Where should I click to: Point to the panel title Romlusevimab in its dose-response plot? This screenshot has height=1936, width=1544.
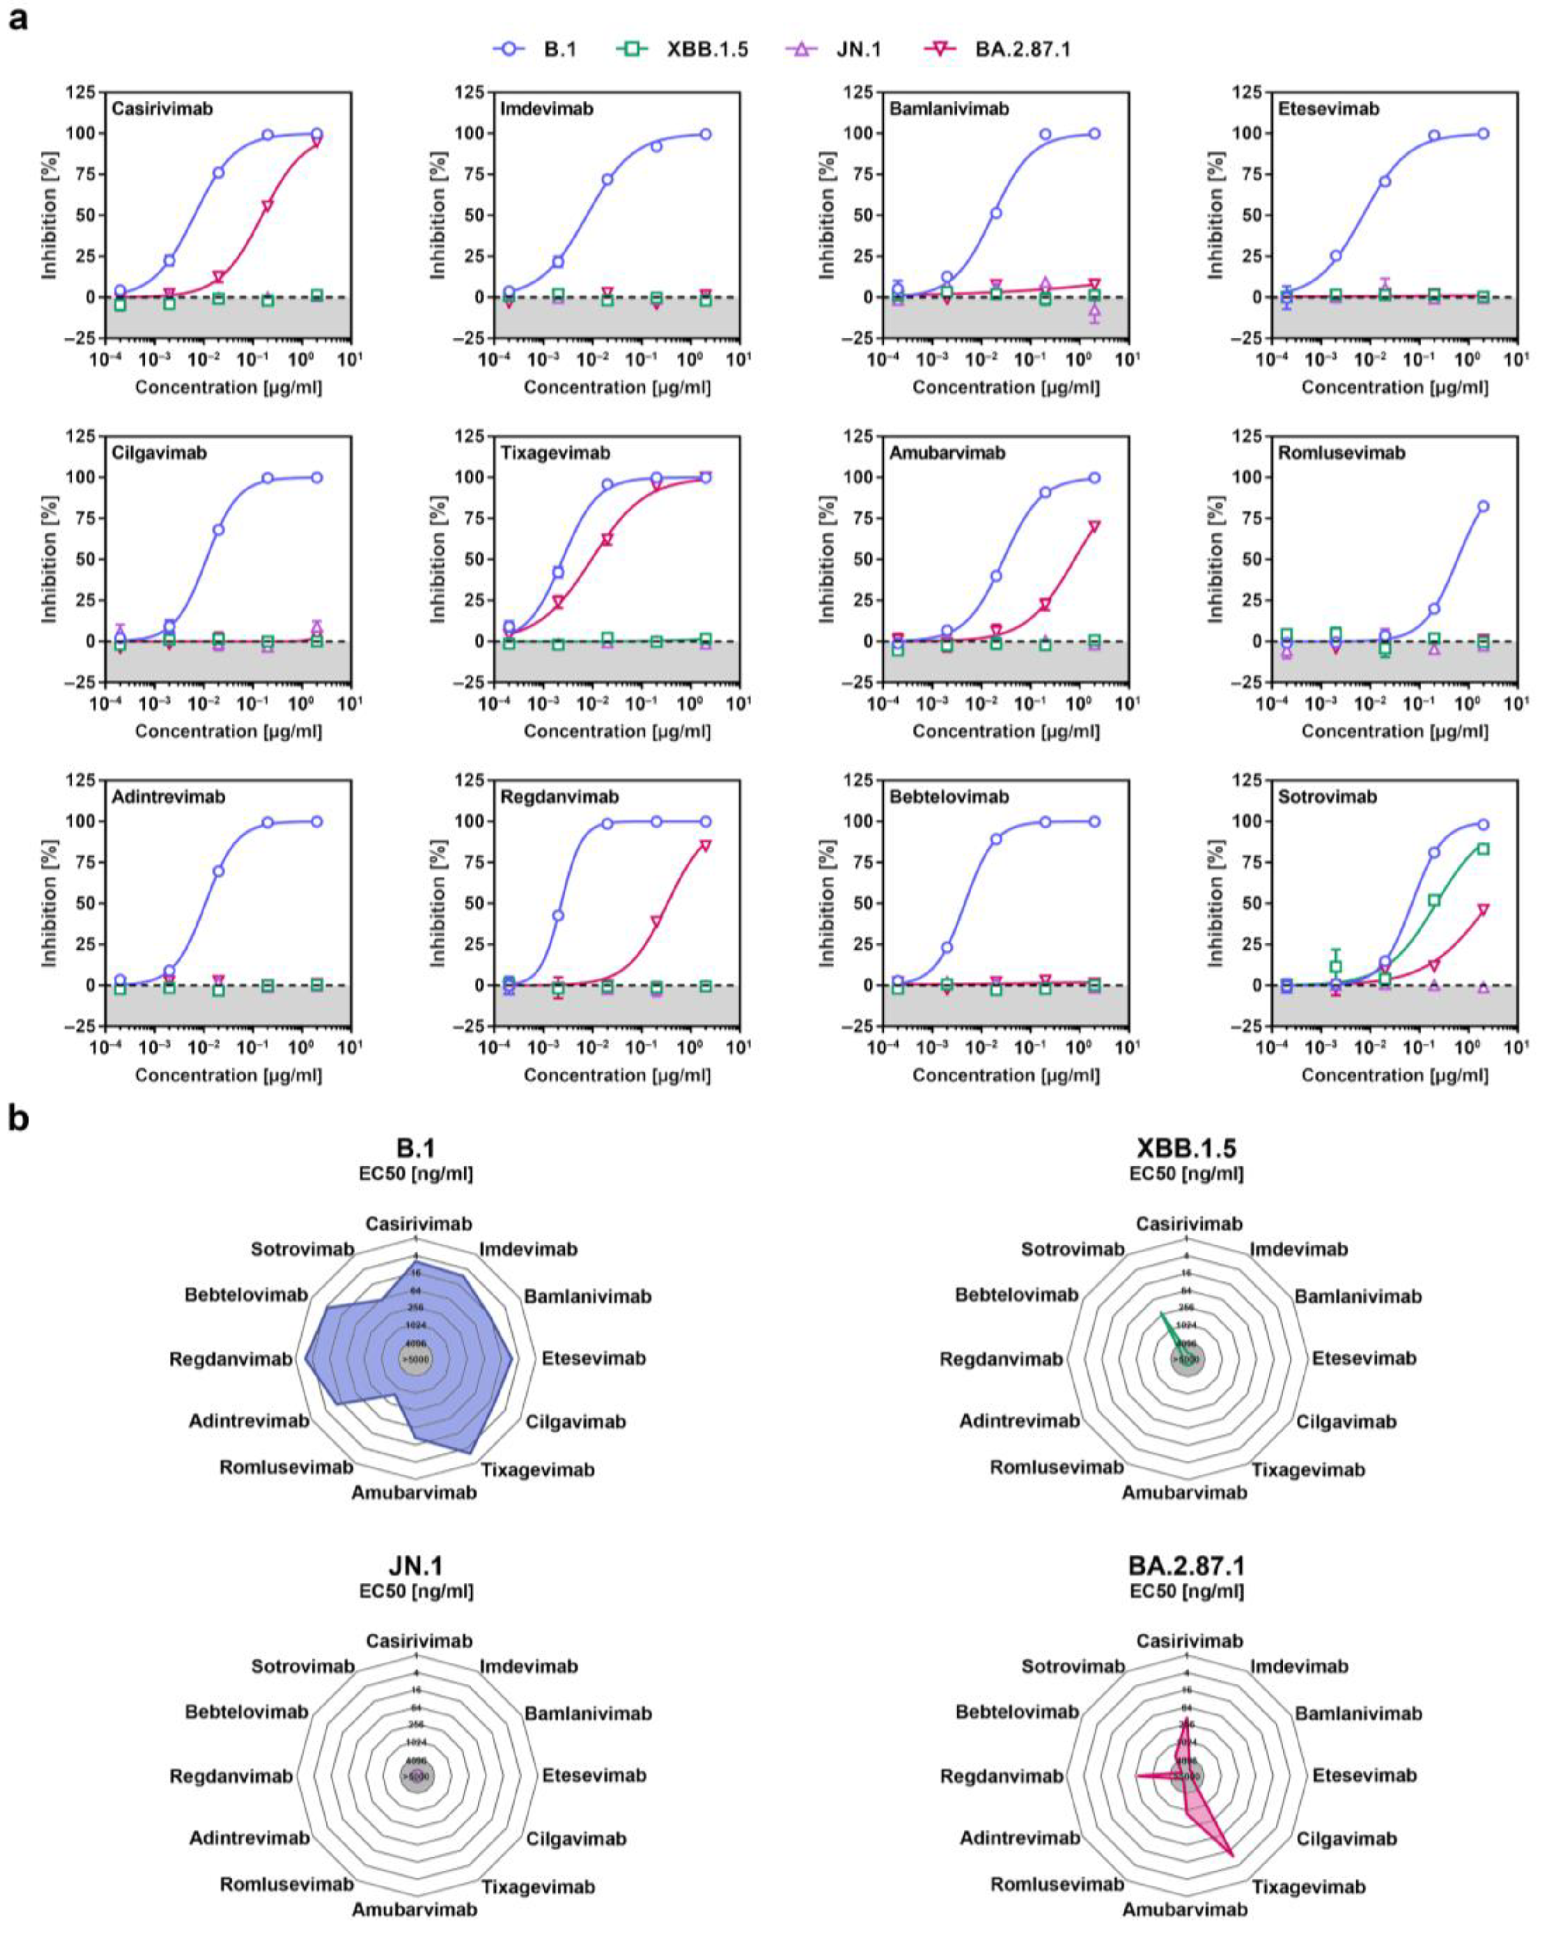coord(1341,453)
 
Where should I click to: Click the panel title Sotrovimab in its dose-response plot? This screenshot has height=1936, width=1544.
coord(1327,797)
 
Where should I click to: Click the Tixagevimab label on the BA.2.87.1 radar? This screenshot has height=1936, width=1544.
coord(1308,1886)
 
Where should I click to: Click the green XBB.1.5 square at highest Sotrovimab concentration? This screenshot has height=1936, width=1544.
coord(1483,849)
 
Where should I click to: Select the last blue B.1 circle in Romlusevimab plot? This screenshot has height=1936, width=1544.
coord(1483,506)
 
